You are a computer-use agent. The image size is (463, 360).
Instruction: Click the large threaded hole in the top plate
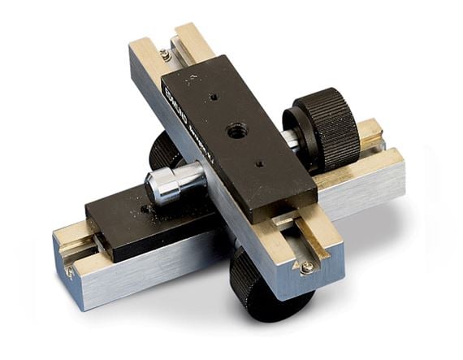pos(236,129)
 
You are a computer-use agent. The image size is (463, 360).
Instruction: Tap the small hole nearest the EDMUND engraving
pos(213,97)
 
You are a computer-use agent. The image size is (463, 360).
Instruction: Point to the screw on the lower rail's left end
pos(71,269)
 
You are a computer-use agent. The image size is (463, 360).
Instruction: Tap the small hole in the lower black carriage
pos(145,210)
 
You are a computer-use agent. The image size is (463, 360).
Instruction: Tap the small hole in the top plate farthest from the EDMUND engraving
pos(259,164)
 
